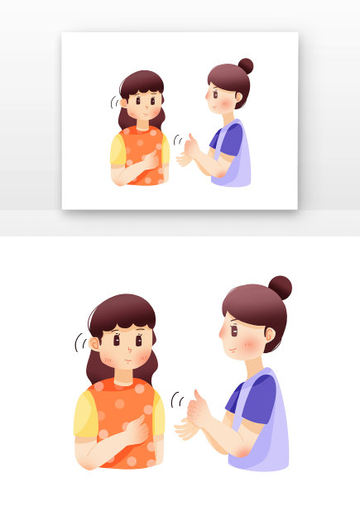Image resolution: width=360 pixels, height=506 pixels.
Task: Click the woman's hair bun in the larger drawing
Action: click(x=280, y=287)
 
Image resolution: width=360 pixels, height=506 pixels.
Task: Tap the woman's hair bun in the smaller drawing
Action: click(x=245, y=65)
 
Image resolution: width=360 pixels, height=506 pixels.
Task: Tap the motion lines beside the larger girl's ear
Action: click(x=79, y=341)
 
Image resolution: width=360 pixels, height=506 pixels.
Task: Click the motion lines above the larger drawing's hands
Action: click(x=176, y=401)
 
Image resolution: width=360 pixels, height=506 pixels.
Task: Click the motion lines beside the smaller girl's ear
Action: click(x=114, y=103)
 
